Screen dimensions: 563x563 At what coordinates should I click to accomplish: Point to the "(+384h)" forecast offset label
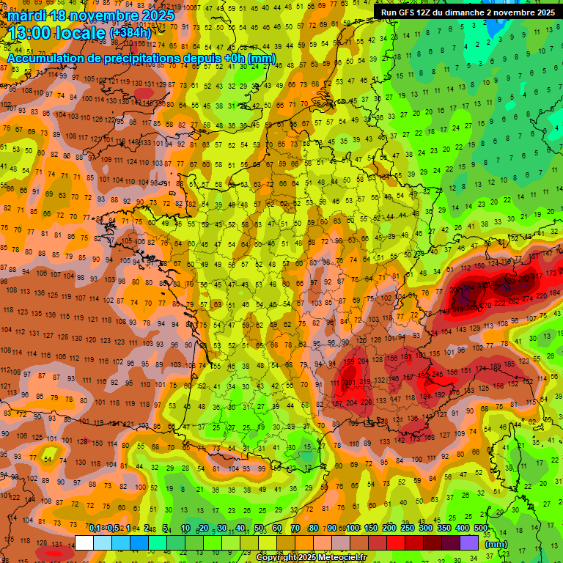coord(130,33)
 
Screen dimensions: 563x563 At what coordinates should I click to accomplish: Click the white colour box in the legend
coord(84,543)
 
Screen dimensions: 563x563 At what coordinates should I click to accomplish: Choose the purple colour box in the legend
coord(469,543)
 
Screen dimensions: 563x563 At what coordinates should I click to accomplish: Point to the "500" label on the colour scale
coord(481,529)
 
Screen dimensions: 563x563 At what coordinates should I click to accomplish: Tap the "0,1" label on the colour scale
coord(95,529)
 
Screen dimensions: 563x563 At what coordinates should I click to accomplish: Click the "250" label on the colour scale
coord(408,529)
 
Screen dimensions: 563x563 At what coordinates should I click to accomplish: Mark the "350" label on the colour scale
coord(444,529)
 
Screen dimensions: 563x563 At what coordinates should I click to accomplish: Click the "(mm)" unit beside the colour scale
coord(496,544)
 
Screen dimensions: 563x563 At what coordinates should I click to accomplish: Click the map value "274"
coord(527,298)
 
